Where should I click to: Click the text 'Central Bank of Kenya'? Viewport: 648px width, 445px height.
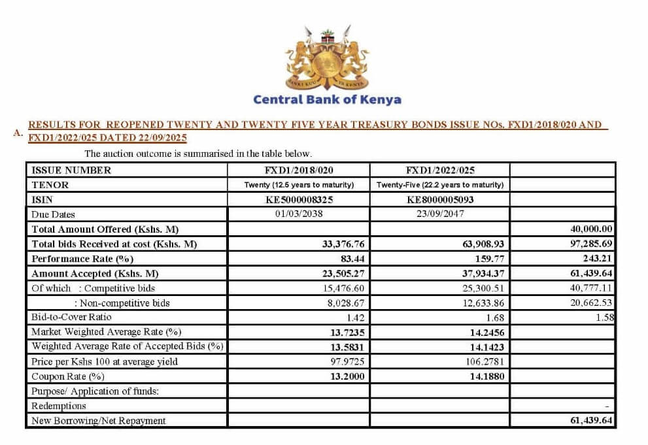pyautogui.click(x=327, y=100)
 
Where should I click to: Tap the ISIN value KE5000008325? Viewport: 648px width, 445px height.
pyautogui.click(x=299, y=200)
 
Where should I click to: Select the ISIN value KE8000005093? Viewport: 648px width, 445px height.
pyautogui.click(x=440, y=200)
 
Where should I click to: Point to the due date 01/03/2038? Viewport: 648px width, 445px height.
pyautogui.click(x=299, y=214)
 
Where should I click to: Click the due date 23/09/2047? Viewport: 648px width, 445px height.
pyautogui.click(x=439, y=214)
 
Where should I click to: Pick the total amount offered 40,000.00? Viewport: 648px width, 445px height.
pyautogui.click(x=591, y=229)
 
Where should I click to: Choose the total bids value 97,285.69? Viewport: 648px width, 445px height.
pyautogui.click(x=591, y=244)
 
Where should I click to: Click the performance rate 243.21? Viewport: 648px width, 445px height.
pyautogui.click(x=597, y=258)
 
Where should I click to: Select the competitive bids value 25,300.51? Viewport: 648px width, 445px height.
pyautogui.click(x=482, y=288)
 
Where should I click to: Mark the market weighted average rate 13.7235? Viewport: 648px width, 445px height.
pyautogui.click(x=347, y=332)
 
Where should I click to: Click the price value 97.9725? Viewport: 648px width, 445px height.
pyautogui.click(x=347, y=361)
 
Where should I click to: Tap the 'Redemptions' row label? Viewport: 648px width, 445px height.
pyautogui.click(x=59, y=406)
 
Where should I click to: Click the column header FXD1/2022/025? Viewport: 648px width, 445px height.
pyautogui.click(x=439, y=171)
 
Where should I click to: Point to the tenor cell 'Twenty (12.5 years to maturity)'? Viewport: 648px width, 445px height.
pyautogui.click(x=299, y=185)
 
